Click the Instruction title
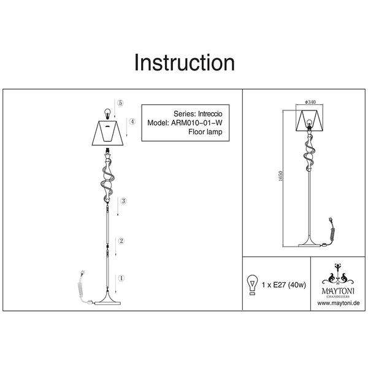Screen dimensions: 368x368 [184, 63]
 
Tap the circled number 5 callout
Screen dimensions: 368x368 [120, 102]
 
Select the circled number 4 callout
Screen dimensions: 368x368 [132, 121]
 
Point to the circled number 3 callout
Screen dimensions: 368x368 [123, 201]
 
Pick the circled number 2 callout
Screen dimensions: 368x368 [121, 241]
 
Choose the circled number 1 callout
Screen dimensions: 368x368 [121, 278]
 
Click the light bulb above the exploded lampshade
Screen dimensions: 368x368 [107, 113]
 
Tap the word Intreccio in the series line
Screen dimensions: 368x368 [210, 114]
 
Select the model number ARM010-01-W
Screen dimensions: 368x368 [197, 123]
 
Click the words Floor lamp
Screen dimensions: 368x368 [205, 132]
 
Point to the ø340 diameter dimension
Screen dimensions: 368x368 [310, 102]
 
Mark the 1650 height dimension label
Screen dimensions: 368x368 [280, 176]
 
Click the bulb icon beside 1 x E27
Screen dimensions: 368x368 [252, 285]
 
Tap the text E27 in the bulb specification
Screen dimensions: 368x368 [280, 285]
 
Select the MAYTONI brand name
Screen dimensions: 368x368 [338, 291]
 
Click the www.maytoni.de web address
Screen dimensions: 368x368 [339, 303]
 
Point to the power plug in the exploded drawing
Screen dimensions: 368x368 [83, 273]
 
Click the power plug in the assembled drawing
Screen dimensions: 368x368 [331, 221]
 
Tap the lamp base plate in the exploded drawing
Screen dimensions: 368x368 [107, 303]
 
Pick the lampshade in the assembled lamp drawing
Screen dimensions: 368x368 [310, 120]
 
